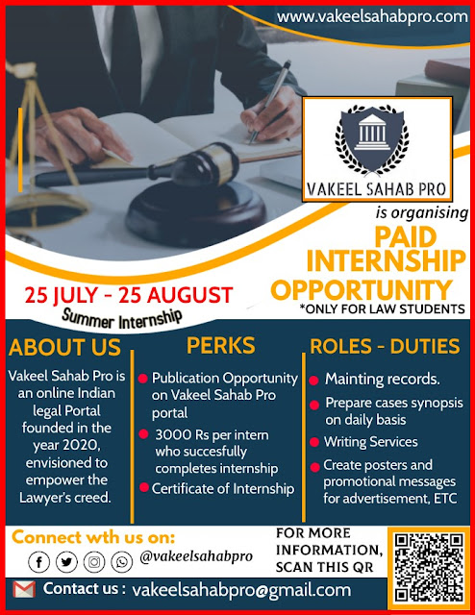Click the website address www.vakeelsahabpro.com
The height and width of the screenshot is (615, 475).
click(372, 17)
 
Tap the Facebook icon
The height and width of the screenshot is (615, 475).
click(38, 562)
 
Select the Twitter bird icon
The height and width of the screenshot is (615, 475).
click(66, 562)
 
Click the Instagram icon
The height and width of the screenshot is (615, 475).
click(94, 562)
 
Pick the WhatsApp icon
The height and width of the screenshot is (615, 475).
click(122, 562)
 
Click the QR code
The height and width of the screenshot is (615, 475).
click(429, 567)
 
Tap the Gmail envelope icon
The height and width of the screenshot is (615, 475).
click(24, 589)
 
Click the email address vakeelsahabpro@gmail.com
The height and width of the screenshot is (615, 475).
click(241, 590)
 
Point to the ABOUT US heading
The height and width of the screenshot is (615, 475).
click(64, 348)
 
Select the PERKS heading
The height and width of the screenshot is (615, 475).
click(220, 346)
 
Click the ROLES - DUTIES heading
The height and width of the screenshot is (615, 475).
click(385, 346)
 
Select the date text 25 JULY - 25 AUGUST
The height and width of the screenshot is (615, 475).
click(129, 295)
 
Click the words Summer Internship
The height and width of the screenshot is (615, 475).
click(122, 319)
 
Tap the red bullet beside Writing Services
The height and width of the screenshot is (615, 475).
click(314, 442)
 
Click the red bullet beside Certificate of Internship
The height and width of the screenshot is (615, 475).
click(144, 487)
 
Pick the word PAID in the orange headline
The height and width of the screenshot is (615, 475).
click(405, 237)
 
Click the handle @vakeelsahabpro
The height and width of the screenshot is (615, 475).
click(196, 557)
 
